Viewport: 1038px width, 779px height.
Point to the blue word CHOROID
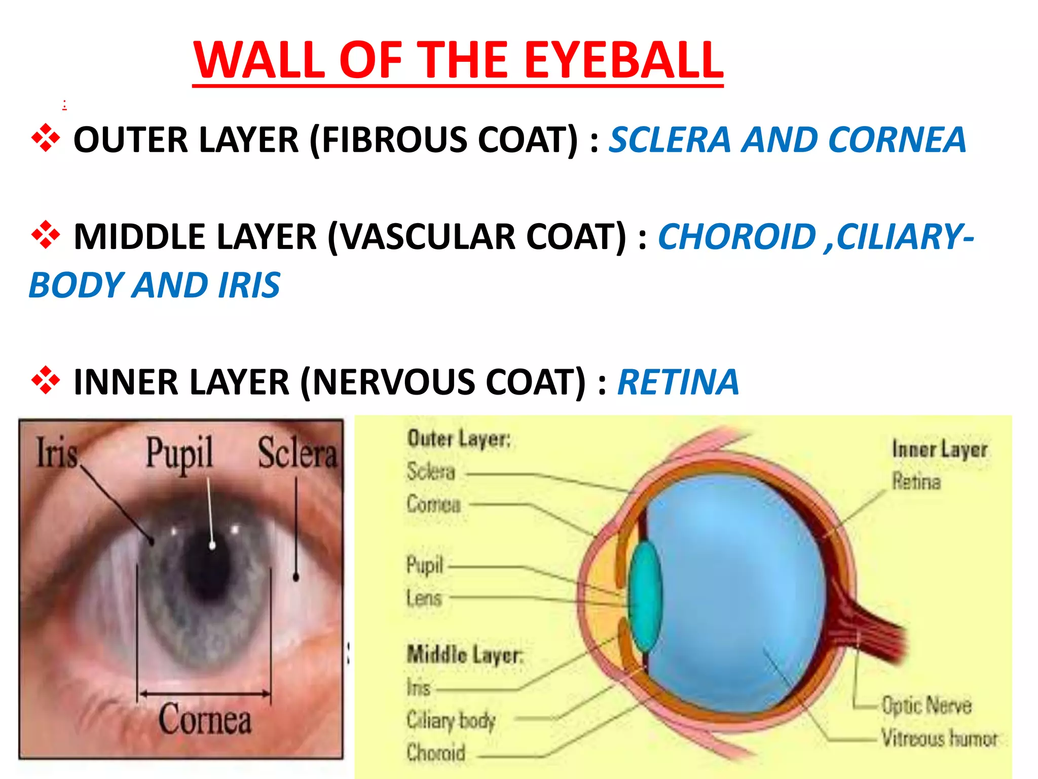pyautogui.click(x=736, y=237)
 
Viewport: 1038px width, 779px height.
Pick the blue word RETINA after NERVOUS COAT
pyautogui.click(x=678, y=382)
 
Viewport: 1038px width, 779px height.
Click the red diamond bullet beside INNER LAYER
pyautogui.click(x=46, y=380)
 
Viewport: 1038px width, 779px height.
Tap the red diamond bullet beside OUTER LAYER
pyautogui.click(x=46, y=138)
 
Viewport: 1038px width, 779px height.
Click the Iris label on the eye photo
pyautogui.click(x=57, y=453)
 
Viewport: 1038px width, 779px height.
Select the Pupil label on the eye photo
pyautogui.click(x=179, y=453)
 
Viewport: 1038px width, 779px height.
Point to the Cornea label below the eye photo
pyautogui.click(x=205, y=719)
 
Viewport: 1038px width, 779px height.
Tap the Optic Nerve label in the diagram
pyautogui.click(x=926, y=705)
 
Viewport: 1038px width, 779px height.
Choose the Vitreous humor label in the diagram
pyautogui.click(x=939, y=738)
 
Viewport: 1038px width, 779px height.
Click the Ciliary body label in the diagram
pyautogui.click(x=451, y=720)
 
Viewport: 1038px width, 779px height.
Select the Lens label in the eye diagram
pyautogui.click(x=424, y=598)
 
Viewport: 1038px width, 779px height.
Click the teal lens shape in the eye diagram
pyautogui.click(x=645, y=596)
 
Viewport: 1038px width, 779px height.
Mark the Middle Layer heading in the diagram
pyautogui.click(x=464, y=654)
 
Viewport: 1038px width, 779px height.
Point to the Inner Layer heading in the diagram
pyautogui.click(x=940, y=449)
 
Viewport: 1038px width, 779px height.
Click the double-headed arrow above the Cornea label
pyautogui.click(x=205, y=693)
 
